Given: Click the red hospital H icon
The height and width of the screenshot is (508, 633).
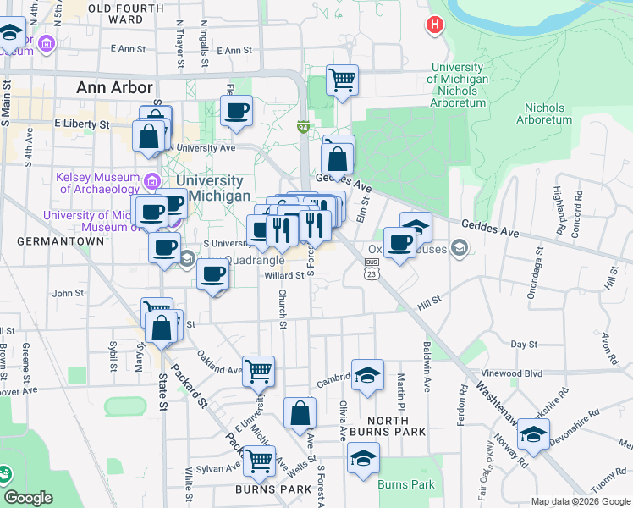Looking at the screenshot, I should (436, 25).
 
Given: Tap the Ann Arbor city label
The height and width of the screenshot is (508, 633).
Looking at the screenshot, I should (114, 87).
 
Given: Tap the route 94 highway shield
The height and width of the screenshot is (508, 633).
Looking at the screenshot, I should (302, 127).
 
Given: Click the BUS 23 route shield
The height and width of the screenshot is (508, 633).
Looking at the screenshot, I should (371, 268).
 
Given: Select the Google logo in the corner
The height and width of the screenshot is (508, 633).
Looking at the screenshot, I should (29, 498).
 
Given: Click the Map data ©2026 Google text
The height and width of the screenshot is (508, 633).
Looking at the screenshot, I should (581, 501).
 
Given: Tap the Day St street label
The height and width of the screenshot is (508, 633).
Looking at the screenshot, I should (525, 345).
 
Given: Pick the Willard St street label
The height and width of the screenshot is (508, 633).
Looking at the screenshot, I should (284, 275).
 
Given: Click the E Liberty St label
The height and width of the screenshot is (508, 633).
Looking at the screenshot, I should (82, 124).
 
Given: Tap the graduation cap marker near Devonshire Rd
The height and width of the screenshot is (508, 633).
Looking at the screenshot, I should (533, 436).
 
